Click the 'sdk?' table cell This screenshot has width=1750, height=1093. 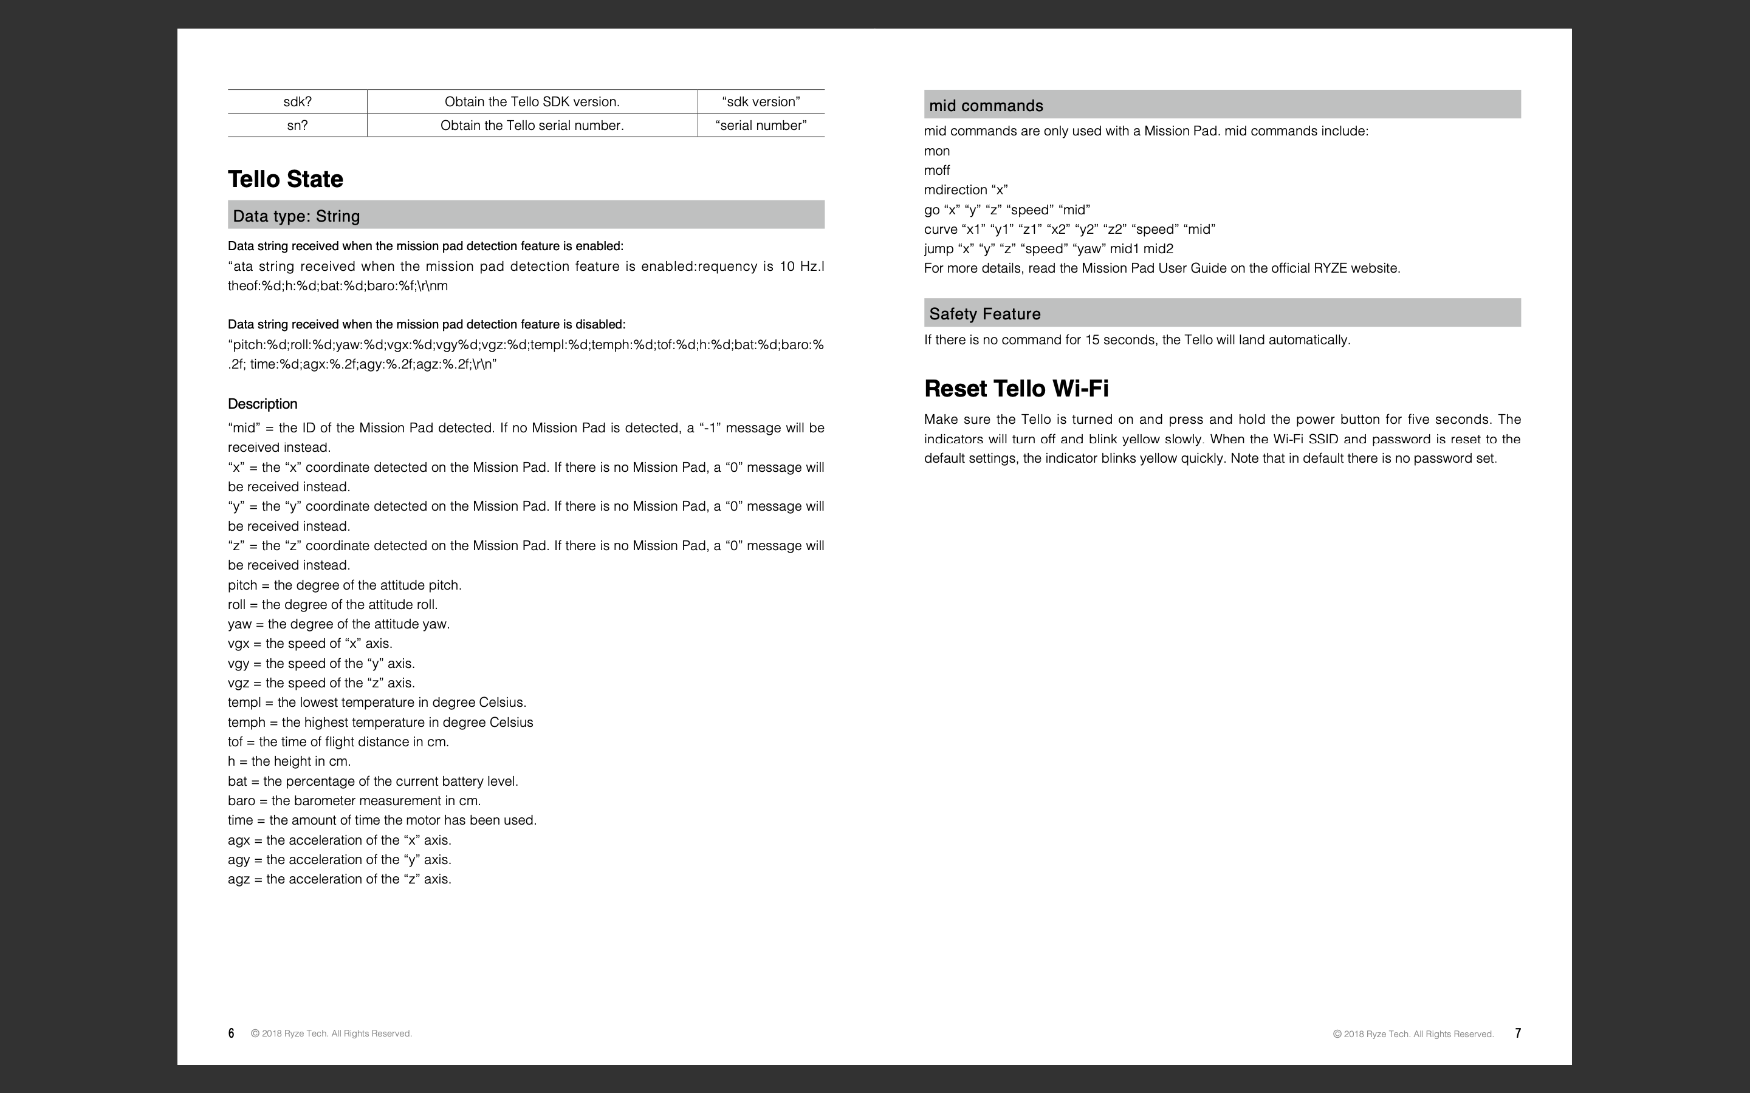pyautogui.click(x=297, y=102)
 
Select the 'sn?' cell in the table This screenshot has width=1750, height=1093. pyautogui.click(x=297, y=125)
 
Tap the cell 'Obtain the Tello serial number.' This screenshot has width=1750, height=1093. pyautogui.click(x=532, y=125)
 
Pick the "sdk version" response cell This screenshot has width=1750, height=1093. pyautogui.click(x=761, y=102)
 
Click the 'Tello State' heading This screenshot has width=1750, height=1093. pyautogui.click(x=286, y=179)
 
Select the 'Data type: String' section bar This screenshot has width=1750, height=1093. pyautogui.click(x=526, y=216)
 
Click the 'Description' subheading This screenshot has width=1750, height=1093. pyautogui.click(x=262, y=404)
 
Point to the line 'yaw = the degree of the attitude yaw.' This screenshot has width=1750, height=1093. pyautogui.click(x=338, y=624)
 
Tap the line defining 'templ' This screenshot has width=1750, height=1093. pyautogui.click(x=377, y=703)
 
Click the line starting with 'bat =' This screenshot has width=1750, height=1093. pyautogui.click(x=372, y=781)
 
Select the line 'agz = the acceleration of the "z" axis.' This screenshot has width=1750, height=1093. pyautogui.click(x=339, y=879)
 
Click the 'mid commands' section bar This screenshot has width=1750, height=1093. pyautogui.click(x=1222, y=106)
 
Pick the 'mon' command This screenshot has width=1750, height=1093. pyautogui.click(x=937, y=151)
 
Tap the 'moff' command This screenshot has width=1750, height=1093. pyautogui.click(x=937, y=171)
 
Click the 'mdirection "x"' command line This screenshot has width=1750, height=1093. pyautogui.click(x=966, y=190)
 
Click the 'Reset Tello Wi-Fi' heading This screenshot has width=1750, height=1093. pyautogui.click(x=1016, y=389)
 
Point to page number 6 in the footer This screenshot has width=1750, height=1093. pyautogui.click(x=232, y=1033)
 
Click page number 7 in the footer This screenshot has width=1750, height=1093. pyautogui.click(x=1518, y=1033)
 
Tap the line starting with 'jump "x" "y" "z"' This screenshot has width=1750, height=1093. pyautogui.click(x=1049, y=249)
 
